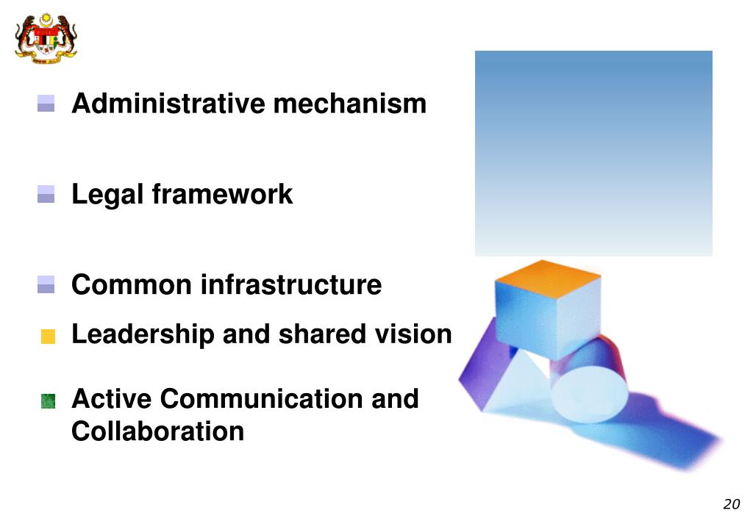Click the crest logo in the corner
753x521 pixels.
pos(46,39)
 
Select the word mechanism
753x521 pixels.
pos(349,104)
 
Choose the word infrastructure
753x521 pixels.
pos(291,284)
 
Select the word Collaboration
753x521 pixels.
pos(157,431)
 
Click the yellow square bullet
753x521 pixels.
pos(48,337)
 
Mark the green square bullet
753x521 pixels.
pos(48,400)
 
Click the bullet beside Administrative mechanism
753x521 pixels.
pos(46,104)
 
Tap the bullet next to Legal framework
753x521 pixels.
pos(46,195)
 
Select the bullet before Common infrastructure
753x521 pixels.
pos(46,284)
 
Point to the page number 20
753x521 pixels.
pos(731,504)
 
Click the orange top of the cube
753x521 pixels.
pos(547,279)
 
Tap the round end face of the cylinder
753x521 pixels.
pos(588,394)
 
